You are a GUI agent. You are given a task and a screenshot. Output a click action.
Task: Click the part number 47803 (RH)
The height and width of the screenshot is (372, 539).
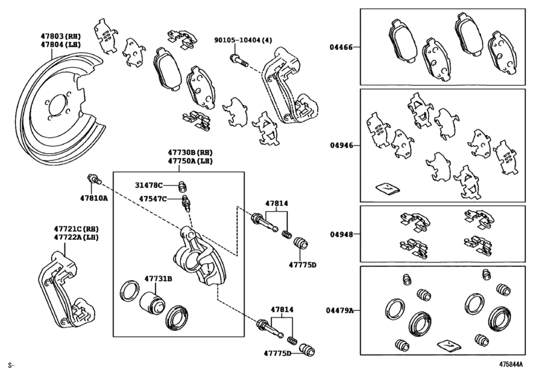tap(61, 36)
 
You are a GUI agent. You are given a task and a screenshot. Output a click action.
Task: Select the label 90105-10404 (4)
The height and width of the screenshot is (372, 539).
tap(243, 40)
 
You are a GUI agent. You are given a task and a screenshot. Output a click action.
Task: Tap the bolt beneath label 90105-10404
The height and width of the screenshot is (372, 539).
tap(239, 60)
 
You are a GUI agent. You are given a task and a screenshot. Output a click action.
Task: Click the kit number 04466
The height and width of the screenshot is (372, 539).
tap(342, 47)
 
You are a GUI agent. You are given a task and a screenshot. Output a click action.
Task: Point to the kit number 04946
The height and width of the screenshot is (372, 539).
tap(342, 145)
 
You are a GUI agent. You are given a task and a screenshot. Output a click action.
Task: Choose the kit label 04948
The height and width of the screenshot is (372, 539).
tap(342, 234)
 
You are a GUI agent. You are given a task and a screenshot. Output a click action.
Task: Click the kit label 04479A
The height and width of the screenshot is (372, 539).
tap(340, 310)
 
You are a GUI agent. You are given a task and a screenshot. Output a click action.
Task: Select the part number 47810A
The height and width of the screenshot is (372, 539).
tap(94, 198)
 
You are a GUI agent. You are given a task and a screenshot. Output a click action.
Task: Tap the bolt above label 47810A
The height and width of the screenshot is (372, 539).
tap(94, 179)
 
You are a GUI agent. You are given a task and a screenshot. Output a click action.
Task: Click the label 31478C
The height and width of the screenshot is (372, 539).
tap(148, 185)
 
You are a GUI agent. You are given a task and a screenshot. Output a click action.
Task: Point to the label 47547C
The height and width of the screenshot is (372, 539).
tap(153, 199)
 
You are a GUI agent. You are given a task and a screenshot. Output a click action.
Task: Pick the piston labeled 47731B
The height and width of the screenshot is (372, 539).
tap(152, 303)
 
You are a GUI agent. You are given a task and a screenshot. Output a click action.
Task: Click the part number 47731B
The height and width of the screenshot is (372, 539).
tap(158, 278)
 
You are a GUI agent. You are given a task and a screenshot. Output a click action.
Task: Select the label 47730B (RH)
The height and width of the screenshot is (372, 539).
tap(190, 152)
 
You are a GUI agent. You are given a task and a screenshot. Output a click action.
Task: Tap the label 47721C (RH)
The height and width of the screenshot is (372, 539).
tap(76, 229)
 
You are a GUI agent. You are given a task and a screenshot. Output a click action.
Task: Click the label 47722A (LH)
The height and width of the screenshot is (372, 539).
tap(76, 237)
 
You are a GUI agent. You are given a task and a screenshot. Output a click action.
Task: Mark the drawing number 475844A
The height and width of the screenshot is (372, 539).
tap(511, 364)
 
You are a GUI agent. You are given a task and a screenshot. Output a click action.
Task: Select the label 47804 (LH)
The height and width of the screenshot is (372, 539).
tap(61, 45)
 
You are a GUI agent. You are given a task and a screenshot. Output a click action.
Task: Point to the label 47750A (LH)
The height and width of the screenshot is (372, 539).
tap(190, 161)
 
